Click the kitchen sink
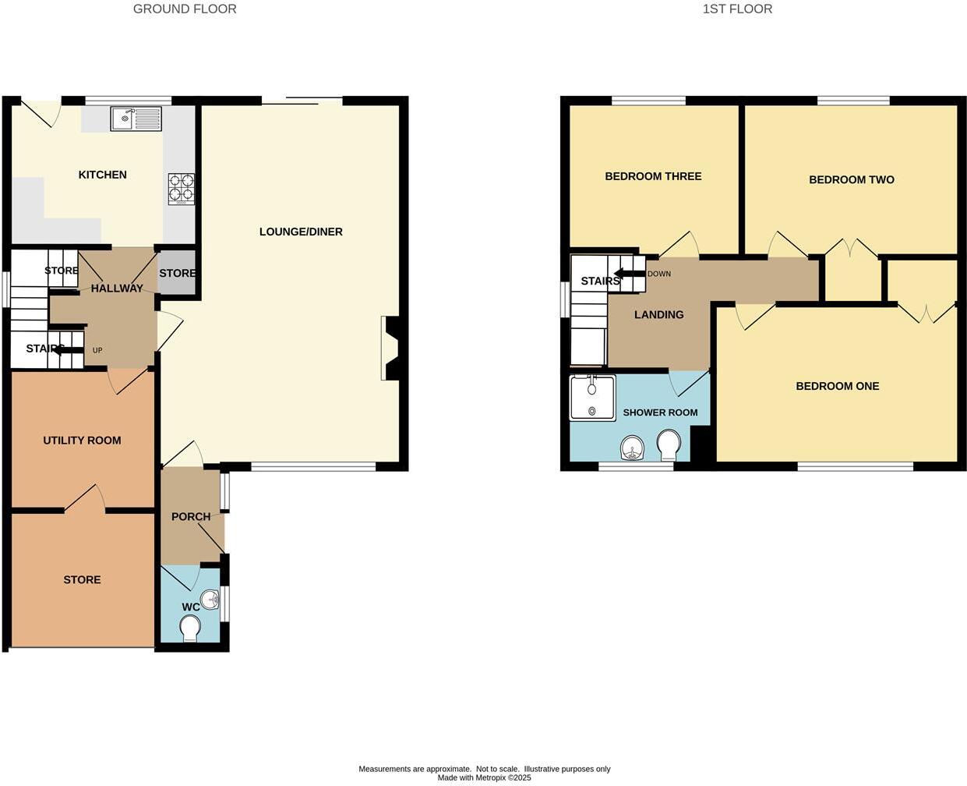tap(136, 119)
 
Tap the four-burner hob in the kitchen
tap(181, 189)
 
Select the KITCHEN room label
tap(102, 175)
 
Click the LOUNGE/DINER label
tap(301, 232)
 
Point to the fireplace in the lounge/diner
tap(390, 348)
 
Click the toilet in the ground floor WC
tap(189, 628)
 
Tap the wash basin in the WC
tap(211, 601)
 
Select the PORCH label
tap(191, 516)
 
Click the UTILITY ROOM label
tap(82, 441)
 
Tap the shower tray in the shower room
tap(592, 398)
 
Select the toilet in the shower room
tap(669, 446)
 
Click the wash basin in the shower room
tap(633, 449)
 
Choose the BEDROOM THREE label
tap(653, 176)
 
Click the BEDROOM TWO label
tap(851, 179)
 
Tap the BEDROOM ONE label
tap(837, 386)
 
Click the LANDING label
tap(658, 314)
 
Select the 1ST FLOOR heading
tap(737, 9)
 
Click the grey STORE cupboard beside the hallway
tap(177, 274)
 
